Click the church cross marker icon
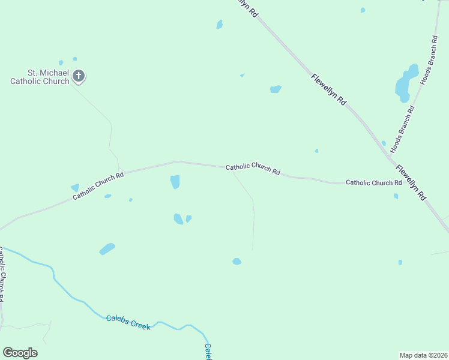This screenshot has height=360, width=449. click(79, 76)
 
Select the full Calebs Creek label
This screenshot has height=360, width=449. click(128, 322)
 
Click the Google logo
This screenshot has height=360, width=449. click(20, 352)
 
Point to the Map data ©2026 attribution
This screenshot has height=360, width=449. click(423, 355)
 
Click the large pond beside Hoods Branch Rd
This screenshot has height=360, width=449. click(405, 83)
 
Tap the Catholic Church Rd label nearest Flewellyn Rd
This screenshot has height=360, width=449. click(373, 182)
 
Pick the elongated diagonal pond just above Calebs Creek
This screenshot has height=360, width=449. click(107, 248)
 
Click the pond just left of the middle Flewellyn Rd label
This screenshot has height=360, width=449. click(276, 89)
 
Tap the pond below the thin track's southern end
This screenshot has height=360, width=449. click(237, 261)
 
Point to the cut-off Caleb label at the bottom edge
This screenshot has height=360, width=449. click(208, 351)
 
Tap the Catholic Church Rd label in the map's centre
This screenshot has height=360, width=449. click(253, 170)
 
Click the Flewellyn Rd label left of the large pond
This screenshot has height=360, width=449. click(328, 90)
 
